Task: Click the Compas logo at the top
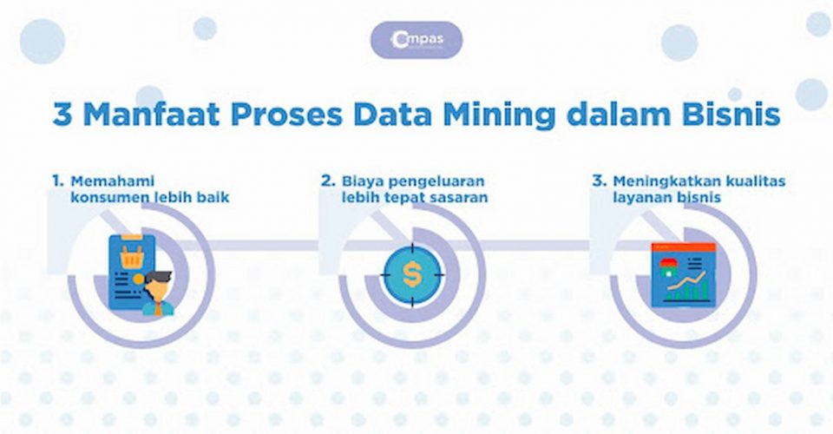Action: pyautogui.click(x=416, y=40)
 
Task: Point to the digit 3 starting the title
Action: pyautogui.click(x=61, y=115)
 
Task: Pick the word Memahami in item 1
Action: pyautogui.click(x=107, y=181)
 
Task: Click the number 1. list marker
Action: pyautogui.click(x=57, y=181)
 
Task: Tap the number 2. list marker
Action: pyautogui.click(x=327, y=181)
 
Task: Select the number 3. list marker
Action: pyautogui.click(x=598, y=181)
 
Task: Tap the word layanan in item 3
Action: pyautogui.click(x=646, y=198)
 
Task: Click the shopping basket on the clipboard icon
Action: pyautogui.click(x=133, y=256)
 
